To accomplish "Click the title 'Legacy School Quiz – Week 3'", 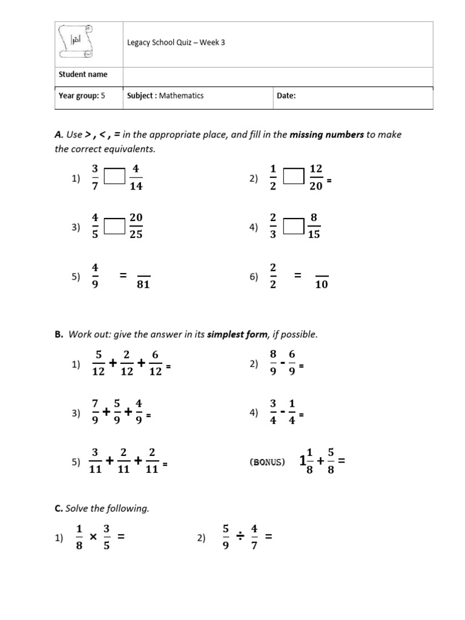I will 176,43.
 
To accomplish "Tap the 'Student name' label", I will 83,74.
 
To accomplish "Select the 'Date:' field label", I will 286,96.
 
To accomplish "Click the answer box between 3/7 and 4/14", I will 114,177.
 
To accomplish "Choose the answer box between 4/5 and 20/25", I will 114,226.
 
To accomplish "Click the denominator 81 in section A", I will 143,285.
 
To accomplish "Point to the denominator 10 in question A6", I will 322,285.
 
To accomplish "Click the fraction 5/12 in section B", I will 97,363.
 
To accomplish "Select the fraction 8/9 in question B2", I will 273,363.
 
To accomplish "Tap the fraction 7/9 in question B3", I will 94,413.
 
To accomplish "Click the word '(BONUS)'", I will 267,462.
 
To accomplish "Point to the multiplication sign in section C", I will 93,536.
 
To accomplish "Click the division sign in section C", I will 241,536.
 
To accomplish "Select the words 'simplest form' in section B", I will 237,335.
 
